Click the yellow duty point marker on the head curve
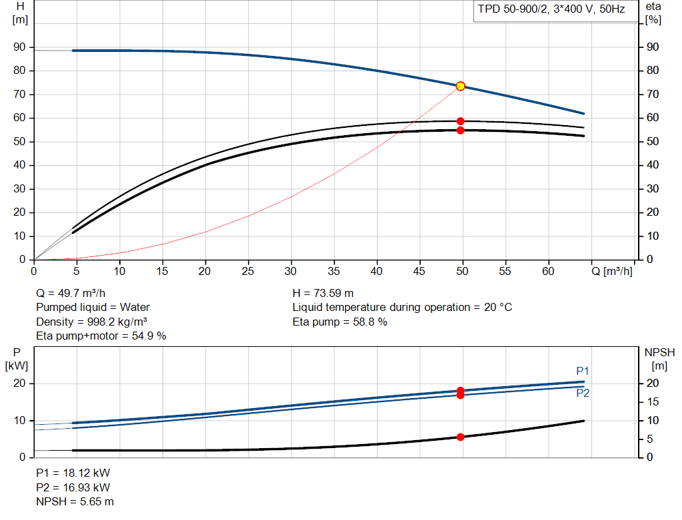point(461,86)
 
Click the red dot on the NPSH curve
point(461,437)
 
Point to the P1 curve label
point(582,371)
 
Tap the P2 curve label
point(583,393)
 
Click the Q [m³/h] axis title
point(612,271)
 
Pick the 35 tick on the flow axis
point(334,271)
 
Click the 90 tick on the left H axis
point(19,47)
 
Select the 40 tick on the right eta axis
point(653,164)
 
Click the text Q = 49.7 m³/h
point(71,293)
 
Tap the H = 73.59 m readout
point(323,293)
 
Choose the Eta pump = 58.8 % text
point(340,322)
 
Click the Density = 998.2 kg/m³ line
point(92,322)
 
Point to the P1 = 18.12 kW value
point(73,473)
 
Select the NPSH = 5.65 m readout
point(75,501)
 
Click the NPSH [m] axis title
point(659,359)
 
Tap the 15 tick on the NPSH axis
point(653,401)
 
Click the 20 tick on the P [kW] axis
point(19,383)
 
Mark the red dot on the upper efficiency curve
point(461,121)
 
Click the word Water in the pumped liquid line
point(135,308)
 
